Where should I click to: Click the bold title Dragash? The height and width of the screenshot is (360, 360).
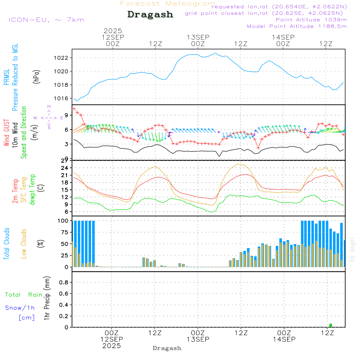150,14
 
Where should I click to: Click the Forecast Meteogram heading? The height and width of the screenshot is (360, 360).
168,4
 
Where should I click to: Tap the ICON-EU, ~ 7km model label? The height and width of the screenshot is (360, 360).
46,20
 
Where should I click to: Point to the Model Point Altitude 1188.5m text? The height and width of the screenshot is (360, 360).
297,26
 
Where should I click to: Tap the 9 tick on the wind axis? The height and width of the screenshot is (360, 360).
67,115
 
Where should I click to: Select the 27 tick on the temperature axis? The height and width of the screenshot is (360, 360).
65,161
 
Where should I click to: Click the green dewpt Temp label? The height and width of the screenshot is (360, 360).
33,190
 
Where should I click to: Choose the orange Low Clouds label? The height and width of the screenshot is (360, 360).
24,244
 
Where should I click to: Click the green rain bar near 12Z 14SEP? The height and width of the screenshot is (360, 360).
330,325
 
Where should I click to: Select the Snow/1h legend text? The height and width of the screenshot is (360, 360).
20,308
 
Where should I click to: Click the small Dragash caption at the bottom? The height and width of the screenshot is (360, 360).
167,348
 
